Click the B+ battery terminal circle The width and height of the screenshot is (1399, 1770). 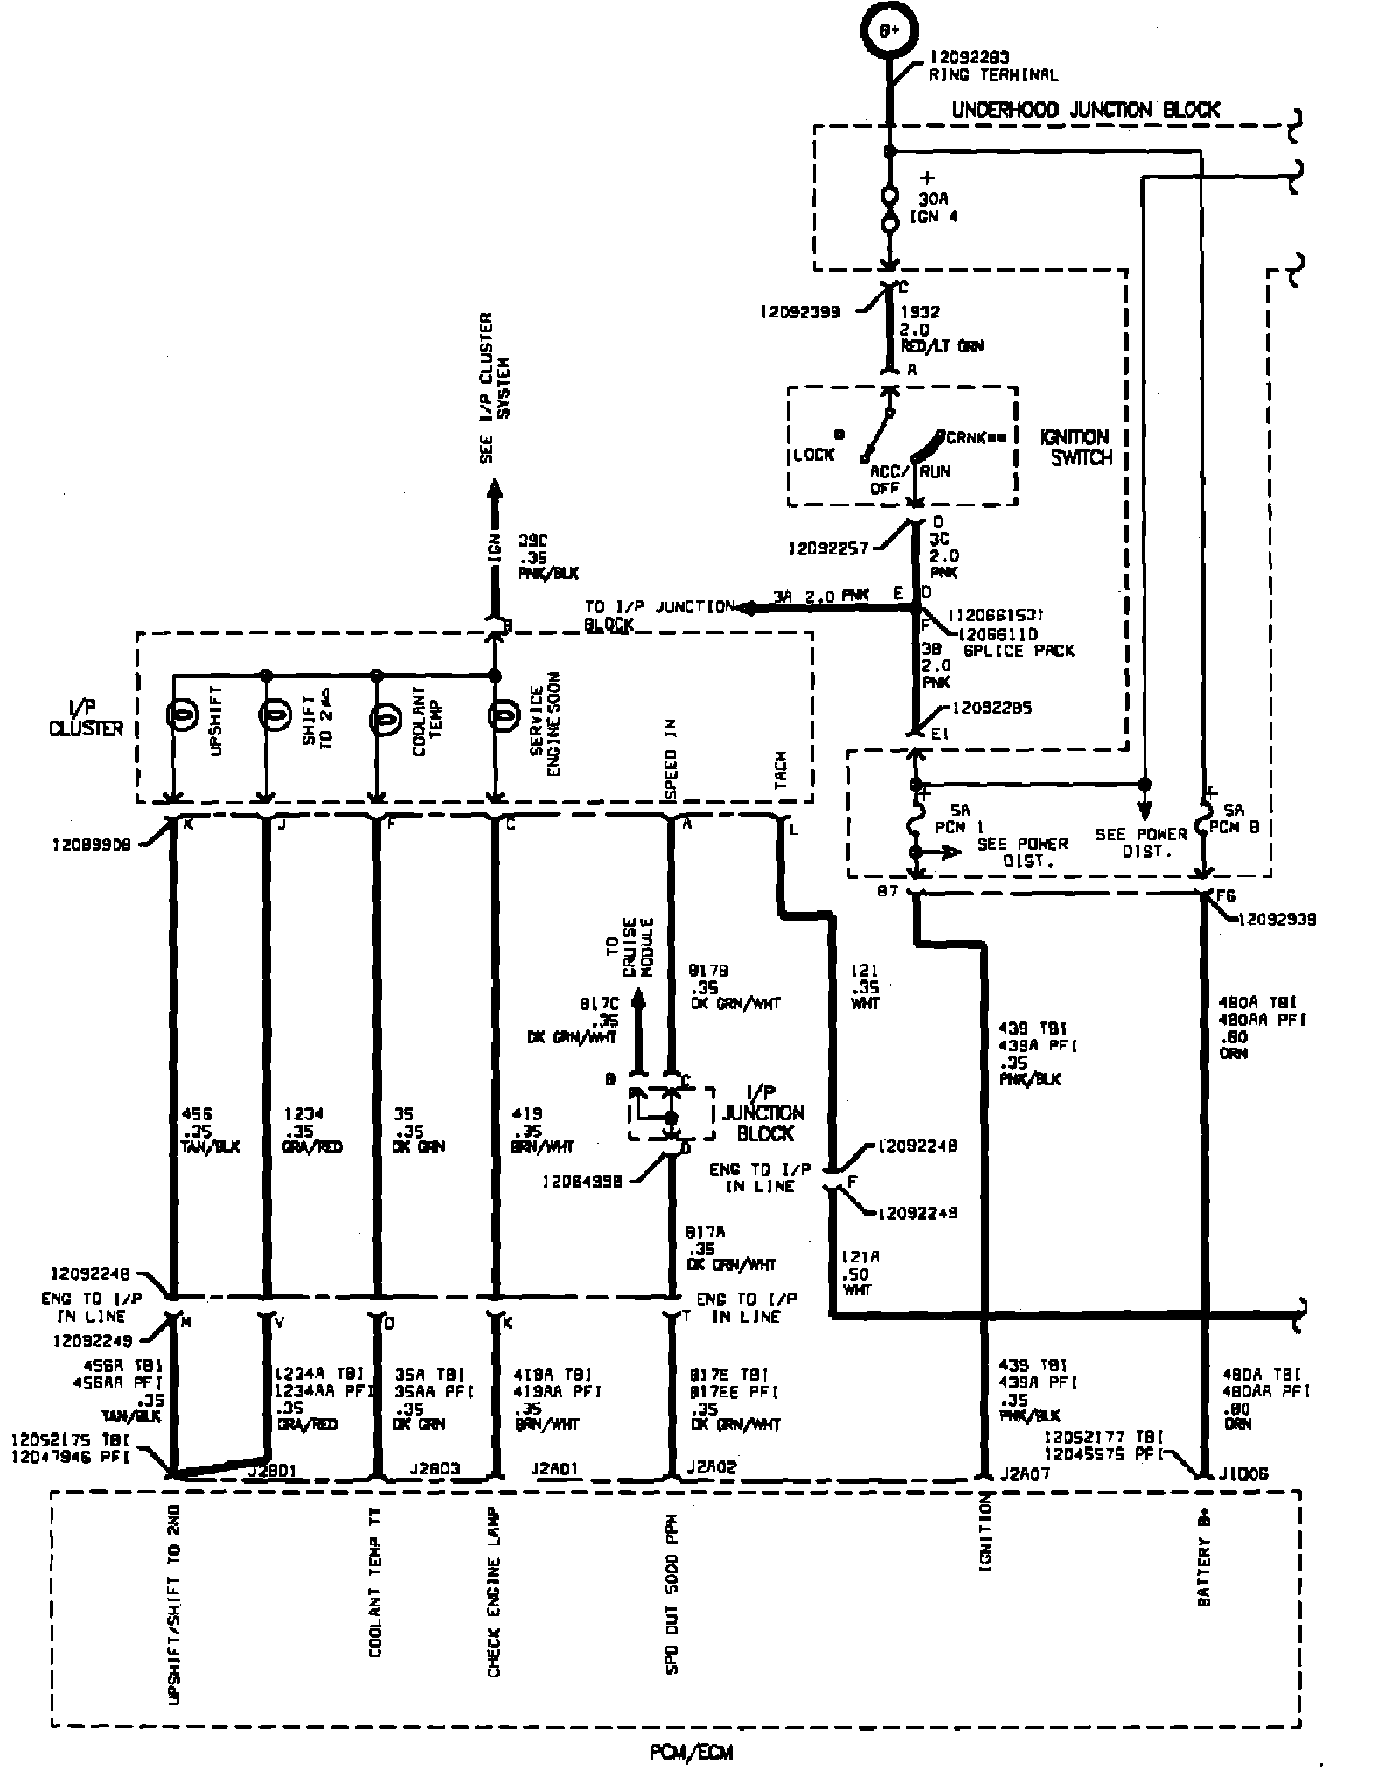[889, 31]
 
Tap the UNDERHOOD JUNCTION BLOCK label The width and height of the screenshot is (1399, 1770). [1085, 110]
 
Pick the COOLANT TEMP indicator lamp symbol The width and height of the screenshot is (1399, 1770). [383, 719]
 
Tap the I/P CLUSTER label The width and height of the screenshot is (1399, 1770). [86, 717]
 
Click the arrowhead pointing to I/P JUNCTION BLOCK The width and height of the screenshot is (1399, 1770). [746, 607]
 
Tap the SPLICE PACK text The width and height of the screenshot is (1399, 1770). [1018, 650]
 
